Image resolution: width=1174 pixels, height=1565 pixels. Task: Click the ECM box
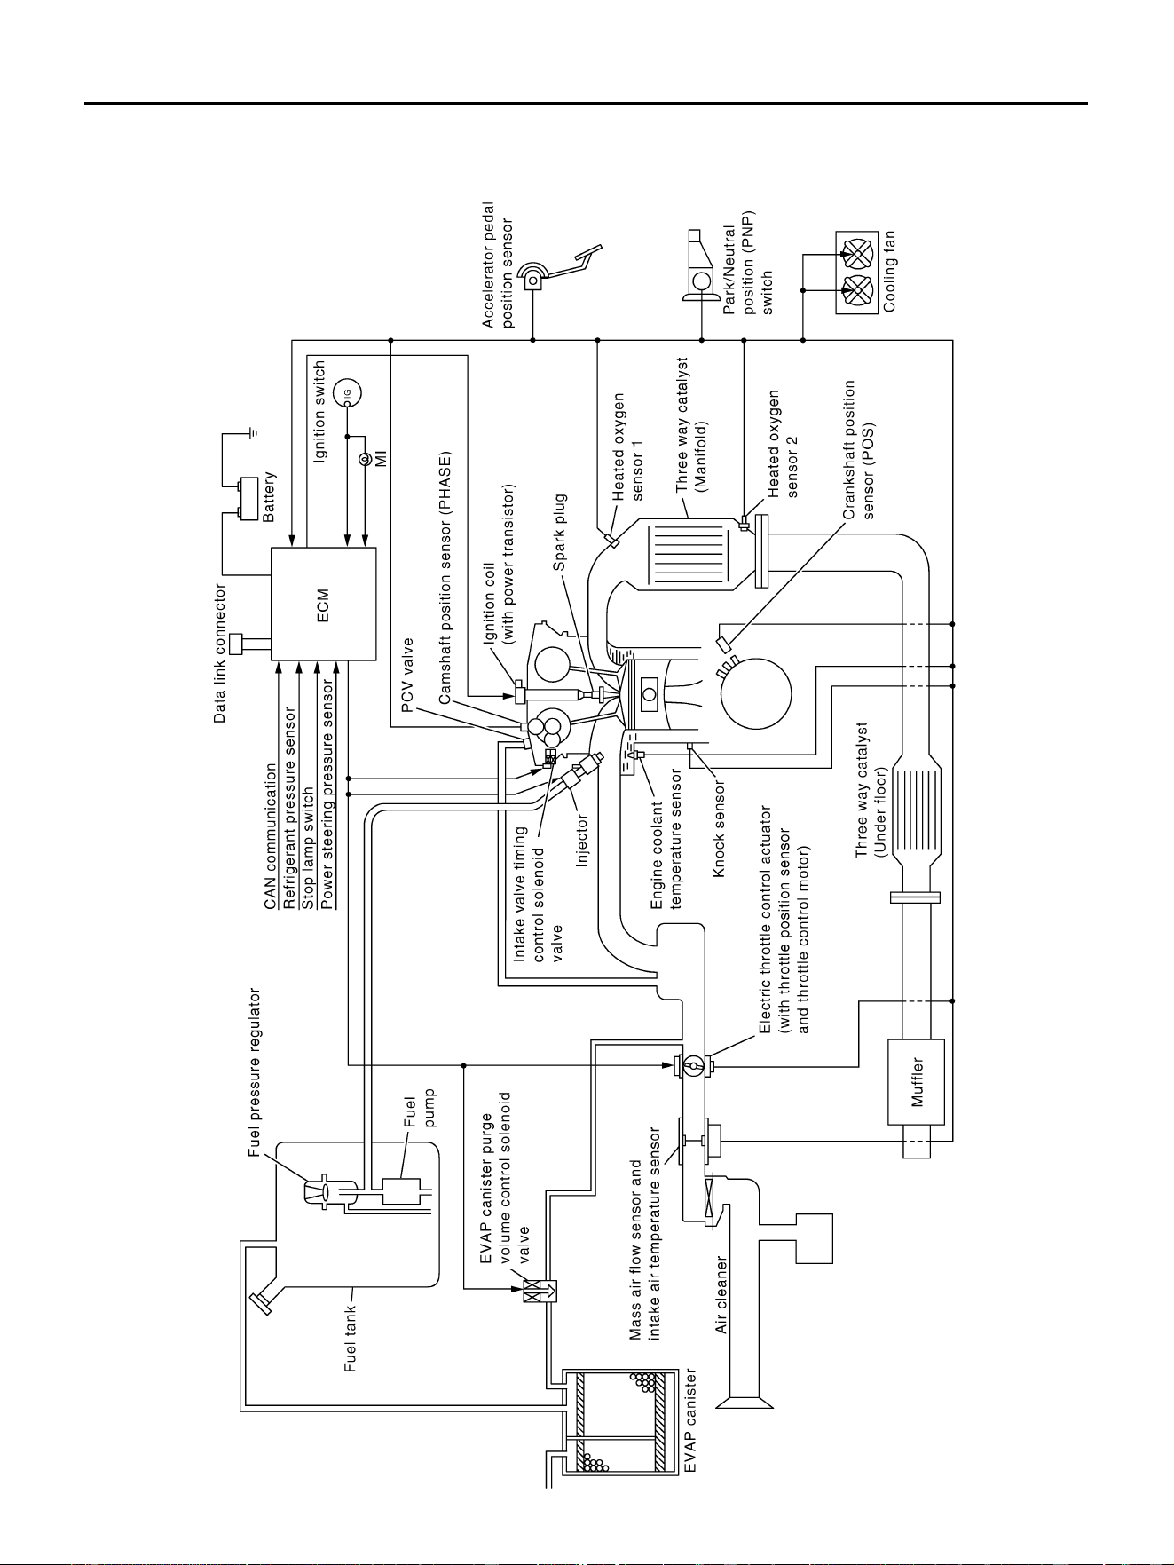tap(323, 604)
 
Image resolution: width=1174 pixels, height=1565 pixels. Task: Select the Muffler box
tap(916, 1082)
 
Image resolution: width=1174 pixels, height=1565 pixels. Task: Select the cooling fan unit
tap(857, 273)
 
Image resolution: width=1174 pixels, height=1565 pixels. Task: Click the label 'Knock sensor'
tap(720, 829)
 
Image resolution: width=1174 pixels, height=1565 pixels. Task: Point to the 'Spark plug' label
tap(561, 533)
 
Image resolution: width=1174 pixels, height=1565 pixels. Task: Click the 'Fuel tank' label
tap(351, 1339)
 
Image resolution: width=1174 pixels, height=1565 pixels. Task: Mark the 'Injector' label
tap(582, 840)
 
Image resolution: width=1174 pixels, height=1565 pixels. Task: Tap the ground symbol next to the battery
tap(253, 434)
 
